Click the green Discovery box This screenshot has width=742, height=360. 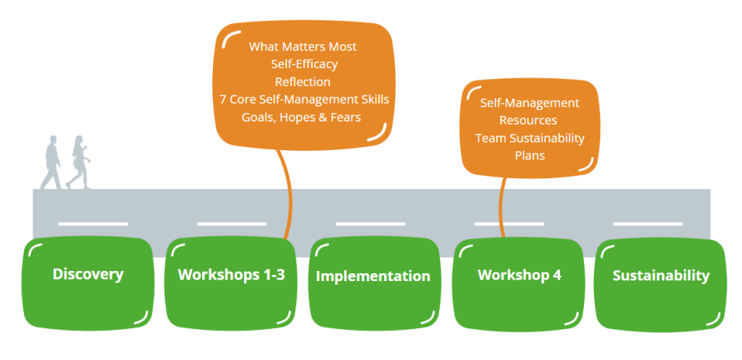(x=88, y=283)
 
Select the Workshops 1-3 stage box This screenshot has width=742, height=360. (x=231, y=283)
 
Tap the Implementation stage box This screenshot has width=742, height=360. (x=375, y=283)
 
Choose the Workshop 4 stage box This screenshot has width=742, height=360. (x=519, y=283)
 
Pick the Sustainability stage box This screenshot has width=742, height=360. (x=661, y=284)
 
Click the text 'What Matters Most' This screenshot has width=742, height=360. (x=303, y=47)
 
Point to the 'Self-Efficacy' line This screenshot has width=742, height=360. (x=304, y=64)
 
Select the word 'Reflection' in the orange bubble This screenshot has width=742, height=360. (x=303, y=82)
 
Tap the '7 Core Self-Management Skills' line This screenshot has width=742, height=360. (x=304, y=100)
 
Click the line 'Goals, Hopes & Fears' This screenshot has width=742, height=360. (x=301, y=117)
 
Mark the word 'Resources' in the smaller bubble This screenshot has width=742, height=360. (x=528, y=121)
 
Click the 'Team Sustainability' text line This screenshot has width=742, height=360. (x=530, y=138)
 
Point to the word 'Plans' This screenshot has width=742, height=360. (x=530, y=156)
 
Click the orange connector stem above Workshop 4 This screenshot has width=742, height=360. (x=503, y=207)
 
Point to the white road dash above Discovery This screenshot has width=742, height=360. (x=93, y=224)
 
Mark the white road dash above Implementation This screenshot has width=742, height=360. (x=370, y=224)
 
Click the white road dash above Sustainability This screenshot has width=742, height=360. (x=648, y=224)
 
